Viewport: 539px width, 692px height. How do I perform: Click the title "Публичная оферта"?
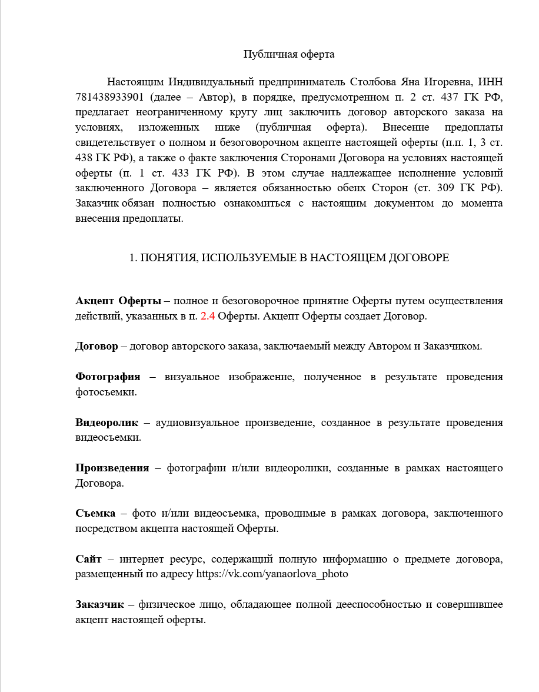[x=289, y=55]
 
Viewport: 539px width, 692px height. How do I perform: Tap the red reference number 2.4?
[x=208, y=315]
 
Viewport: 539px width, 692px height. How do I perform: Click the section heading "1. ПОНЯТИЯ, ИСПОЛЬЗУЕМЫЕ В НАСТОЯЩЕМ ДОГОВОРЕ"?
[x=289, y=258]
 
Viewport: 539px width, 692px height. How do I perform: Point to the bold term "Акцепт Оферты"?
[x=118, y=301]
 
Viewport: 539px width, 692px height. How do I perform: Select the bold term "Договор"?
[x=97, y=346]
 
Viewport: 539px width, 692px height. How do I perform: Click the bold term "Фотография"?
[x=108, y=377]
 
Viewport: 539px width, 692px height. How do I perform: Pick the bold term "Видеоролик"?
[x=107, y=422]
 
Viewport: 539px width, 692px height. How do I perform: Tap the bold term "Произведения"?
[x=112, y=468]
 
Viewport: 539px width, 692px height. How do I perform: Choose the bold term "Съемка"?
[x=95, y=513]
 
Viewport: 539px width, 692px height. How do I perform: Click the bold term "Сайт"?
[x=89, y=558]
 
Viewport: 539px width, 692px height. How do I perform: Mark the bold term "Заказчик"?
[x=99, y=604]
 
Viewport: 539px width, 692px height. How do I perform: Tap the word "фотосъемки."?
[x=106, y=392]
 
